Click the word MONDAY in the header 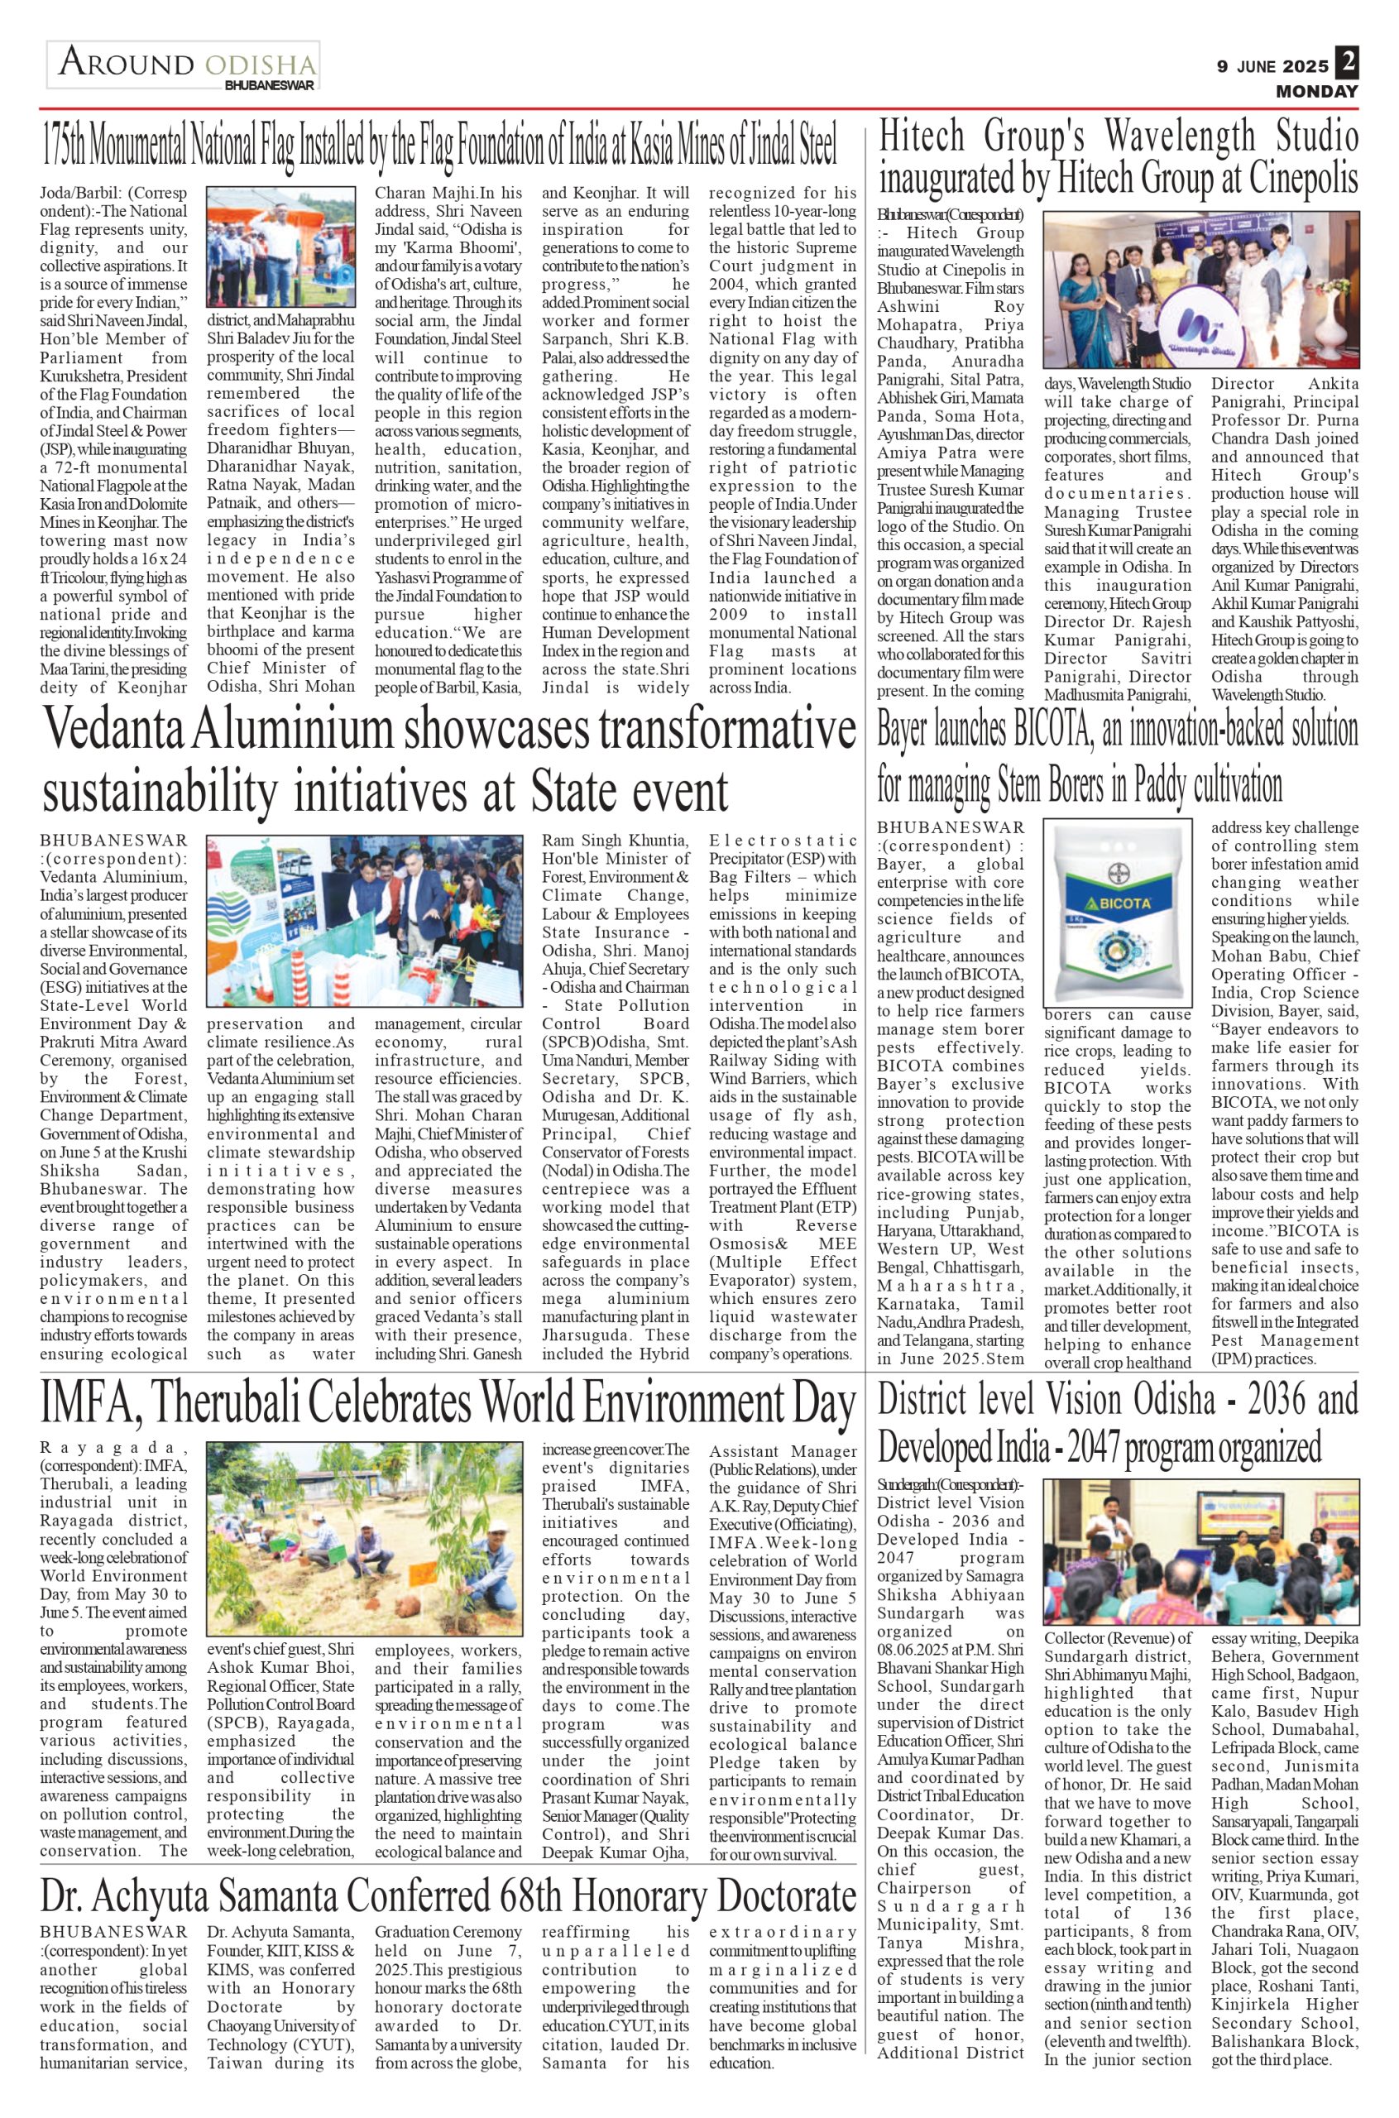(1316, 91)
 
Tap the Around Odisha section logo (183, 65)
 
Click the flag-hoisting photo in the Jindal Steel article (280, 247)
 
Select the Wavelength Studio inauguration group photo (1201, 292)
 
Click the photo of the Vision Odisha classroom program (1201, 1550)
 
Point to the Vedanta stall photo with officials (365, 921)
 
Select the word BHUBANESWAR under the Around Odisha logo (270, 84)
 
